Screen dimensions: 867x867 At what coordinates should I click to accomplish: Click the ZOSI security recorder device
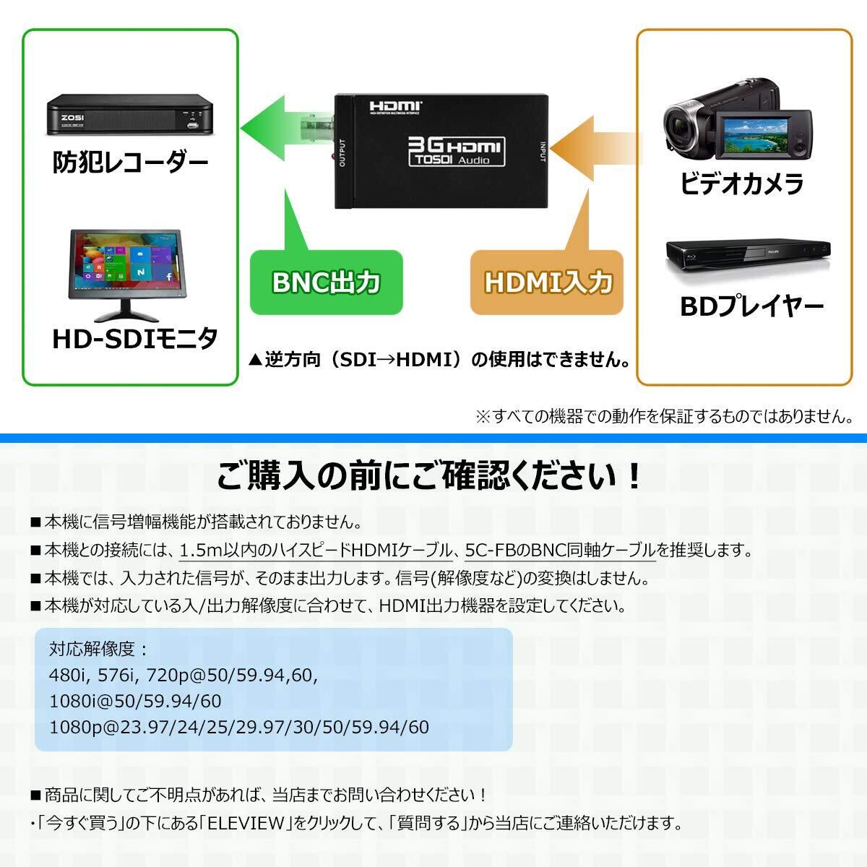click(131, 116)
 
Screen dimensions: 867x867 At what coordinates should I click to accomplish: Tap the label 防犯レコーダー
click(130, 162)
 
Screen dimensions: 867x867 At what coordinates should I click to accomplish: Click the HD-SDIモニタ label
click(134, 338)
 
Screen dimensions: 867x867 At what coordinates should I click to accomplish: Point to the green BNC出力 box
click(326, 282)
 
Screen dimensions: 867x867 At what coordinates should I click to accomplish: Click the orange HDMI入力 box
click(548, 282)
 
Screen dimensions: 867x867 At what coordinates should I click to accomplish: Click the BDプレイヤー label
click(751, 307)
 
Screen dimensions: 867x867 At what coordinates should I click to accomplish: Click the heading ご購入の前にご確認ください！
click(429, 476)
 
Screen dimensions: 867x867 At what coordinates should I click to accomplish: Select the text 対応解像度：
click(98, 649)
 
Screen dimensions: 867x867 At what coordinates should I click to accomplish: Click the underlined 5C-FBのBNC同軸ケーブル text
click(561, 551)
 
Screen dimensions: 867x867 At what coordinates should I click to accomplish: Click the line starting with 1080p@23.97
click(239, 726)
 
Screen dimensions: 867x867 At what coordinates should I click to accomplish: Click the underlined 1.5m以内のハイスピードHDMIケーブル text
click(316, 551)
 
